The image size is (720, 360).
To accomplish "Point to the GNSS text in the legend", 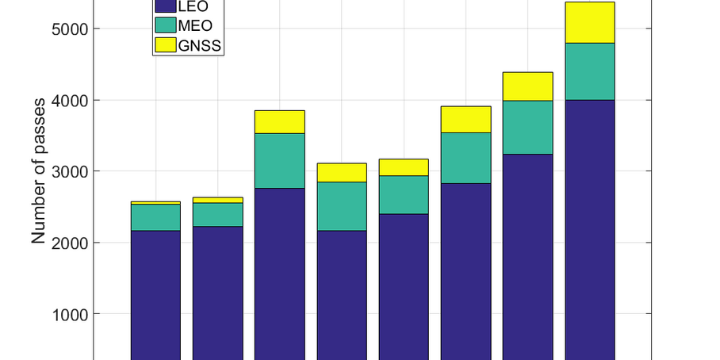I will click(x=201, y=47).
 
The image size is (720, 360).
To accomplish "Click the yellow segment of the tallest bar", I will click(x=590, y=22).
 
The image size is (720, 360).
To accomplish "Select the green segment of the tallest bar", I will click(x=590, y=71).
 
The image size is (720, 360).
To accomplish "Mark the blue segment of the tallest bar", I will click(x=590, y=230).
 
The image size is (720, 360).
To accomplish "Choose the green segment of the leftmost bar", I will click(x=155, y=217).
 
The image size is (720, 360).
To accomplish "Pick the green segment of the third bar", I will click(x=279, y=160).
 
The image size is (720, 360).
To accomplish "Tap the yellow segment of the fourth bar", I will click(x=342, y=172).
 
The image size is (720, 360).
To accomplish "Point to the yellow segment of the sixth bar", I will click(x=465, y=119).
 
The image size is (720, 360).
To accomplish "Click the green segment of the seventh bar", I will click(x=527, y=127).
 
